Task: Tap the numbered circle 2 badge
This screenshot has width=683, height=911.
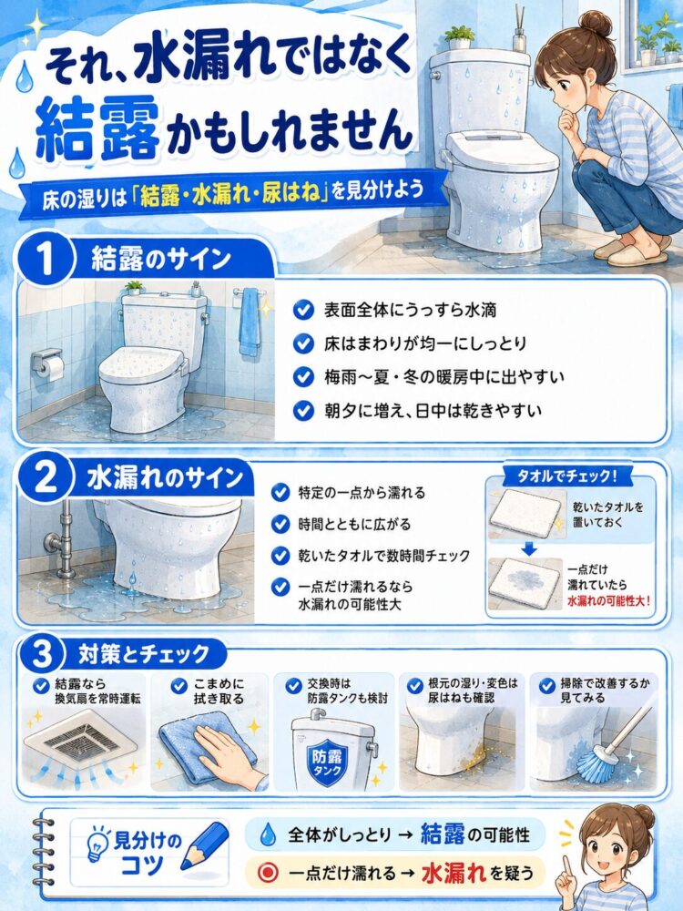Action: coord(46,480)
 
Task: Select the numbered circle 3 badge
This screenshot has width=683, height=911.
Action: coord(42,655)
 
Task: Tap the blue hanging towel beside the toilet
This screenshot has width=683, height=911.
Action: coord(250,322)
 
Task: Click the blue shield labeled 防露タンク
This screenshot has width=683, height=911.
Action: coord(326,763)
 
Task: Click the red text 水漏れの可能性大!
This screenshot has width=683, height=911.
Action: coord(608,600)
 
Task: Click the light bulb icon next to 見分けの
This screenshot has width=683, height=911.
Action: coord(98,843)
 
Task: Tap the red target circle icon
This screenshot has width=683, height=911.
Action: coord(269,872)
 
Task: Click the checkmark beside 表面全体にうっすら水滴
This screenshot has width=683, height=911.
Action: coord(303,310)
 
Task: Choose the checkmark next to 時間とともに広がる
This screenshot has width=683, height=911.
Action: coord(281,525)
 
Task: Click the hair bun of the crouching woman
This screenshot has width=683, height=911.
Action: coord(596,25)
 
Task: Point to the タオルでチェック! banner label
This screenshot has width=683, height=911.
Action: coord(566,477)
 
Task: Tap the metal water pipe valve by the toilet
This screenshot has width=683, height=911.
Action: coord(58,544)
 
